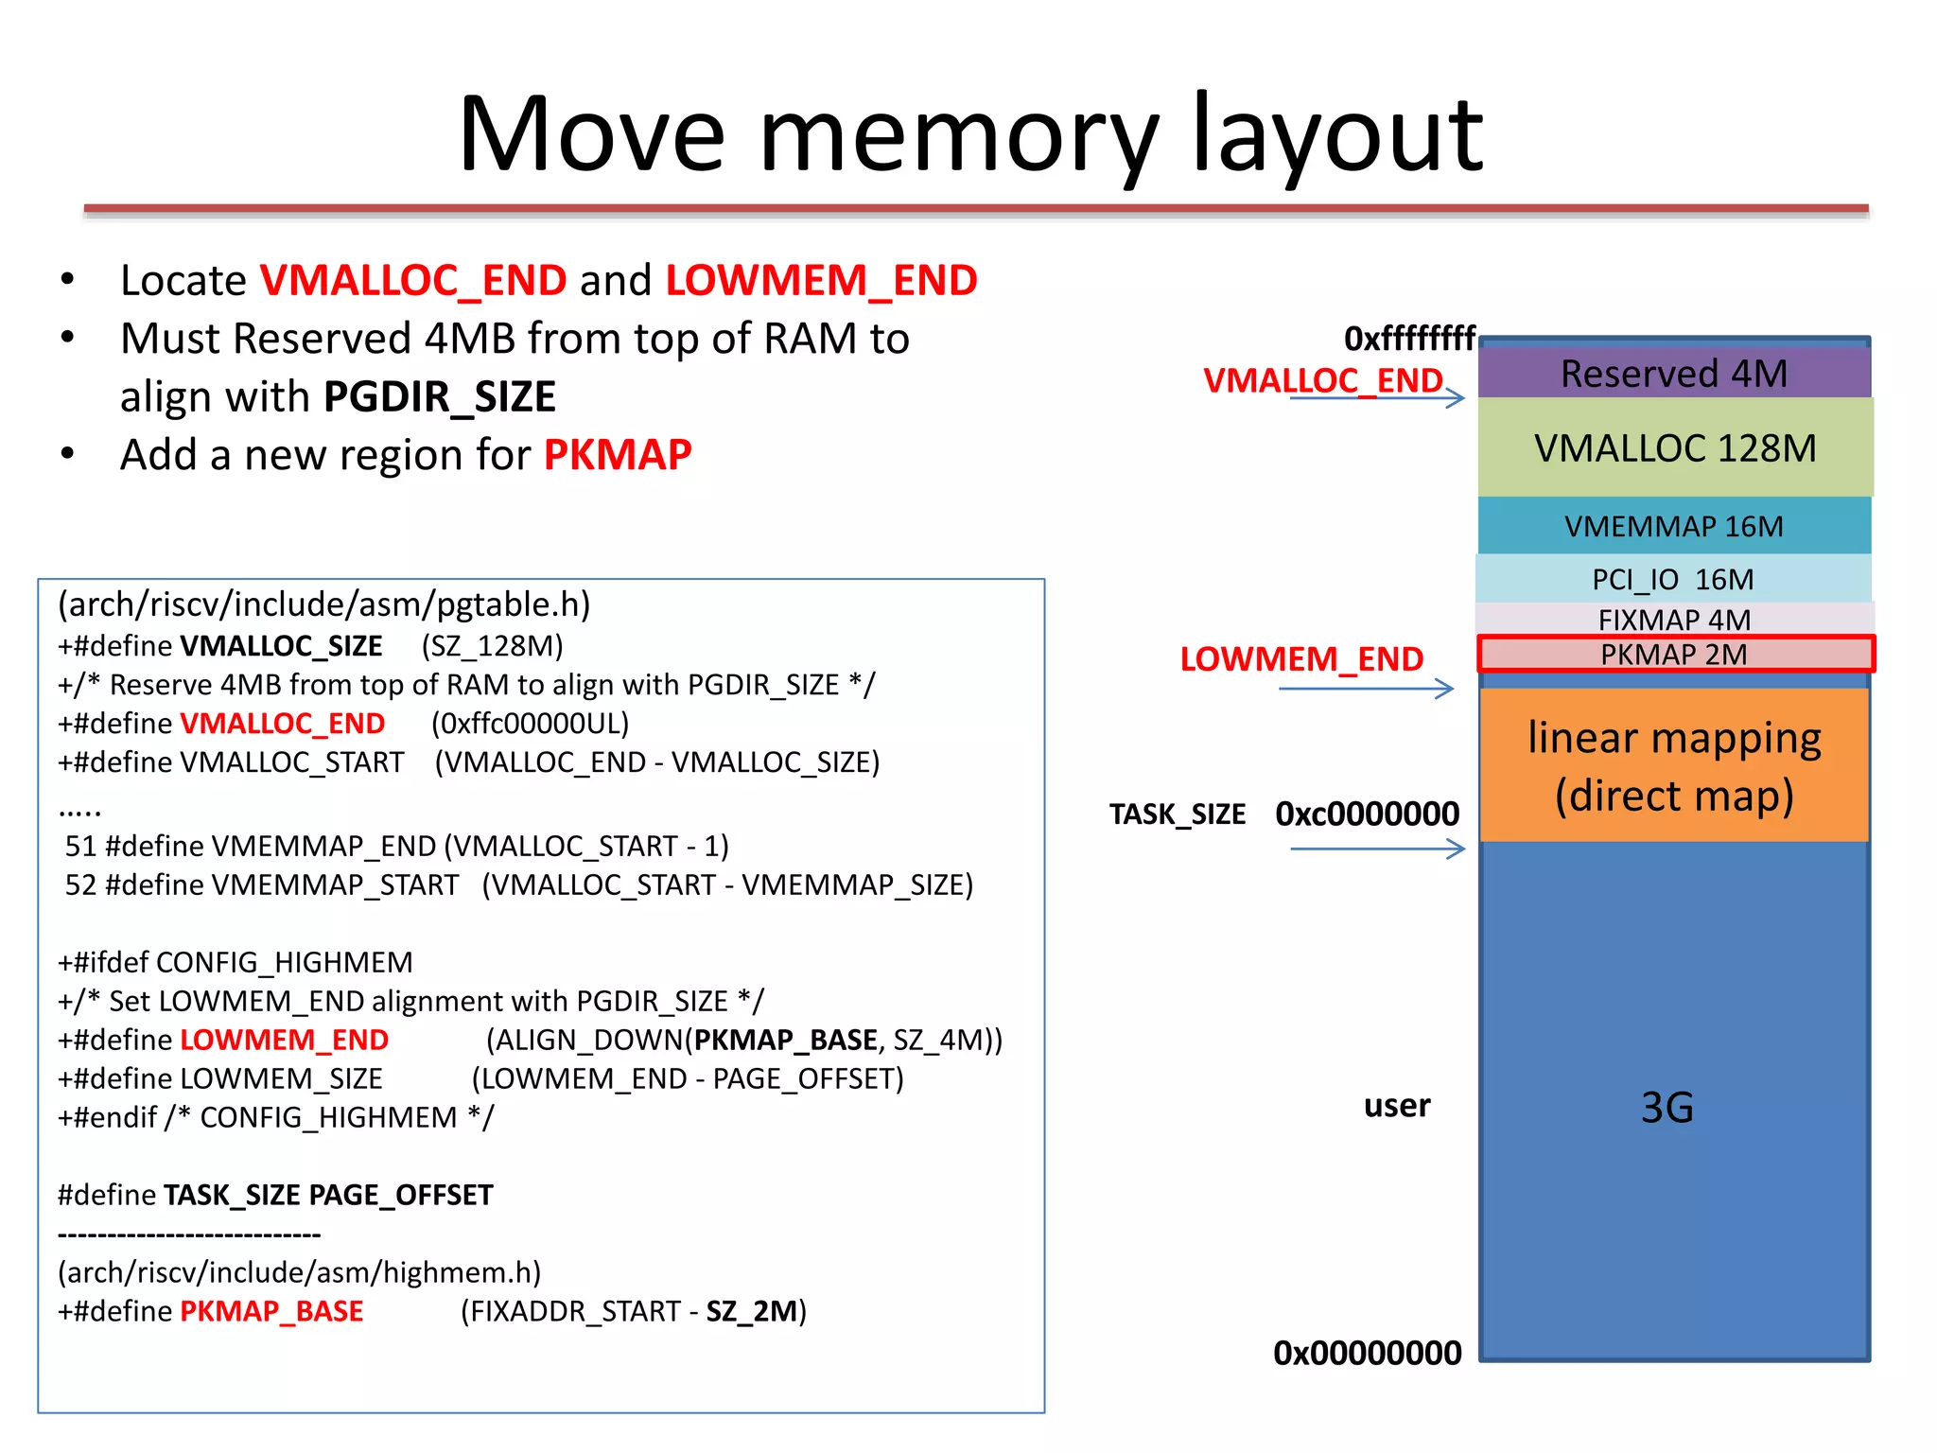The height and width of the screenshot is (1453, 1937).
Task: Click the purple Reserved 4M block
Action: (1673, 374)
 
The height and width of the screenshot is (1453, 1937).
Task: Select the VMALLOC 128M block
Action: (1674, 447)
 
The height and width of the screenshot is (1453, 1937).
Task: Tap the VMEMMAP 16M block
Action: (1673, 526)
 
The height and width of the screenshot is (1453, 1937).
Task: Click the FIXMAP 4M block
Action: (1673, 619)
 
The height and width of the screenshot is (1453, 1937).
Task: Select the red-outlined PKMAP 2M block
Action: (1674, 654)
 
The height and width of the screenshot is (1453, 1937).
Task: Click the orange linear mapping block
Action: (1673, 764)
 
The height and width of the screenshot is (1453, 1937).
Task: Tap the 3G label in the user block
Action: (1667, 1107)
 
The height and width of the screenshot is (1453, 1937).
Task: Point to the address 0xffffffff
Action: (1409, 338)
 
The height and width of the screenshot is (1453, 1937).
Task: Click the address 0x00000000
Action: (1367, 1353)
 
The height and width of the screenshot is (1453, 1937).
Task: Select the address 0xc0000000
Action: (1367, 814)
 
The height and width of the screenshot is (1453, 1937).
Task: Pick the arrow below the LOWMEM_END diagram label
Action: (1366, 689)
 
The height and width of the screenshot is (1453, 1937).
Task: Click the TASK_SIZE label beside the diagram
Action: (1177, 814)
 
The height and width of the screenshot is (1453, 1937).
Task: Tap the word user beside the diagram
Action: (1396, 1105)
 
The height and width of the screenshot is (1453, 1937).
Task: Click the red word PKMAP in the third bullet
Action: (618, 455)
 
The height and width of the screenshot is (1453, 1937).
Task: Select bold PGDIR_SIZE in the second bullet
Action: (440, 396)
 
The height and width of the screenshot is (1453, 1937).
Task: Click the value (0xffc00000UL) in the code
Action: (530, 723)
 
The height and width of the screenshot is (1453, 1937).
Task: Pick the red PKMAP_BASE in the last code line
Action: (271, 1311)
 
